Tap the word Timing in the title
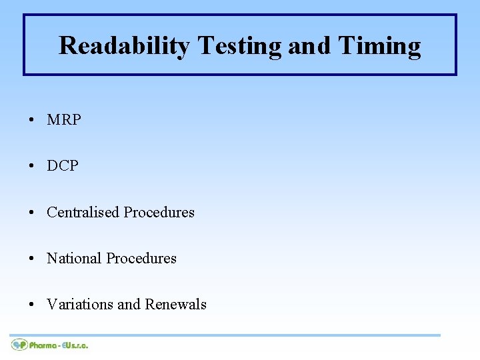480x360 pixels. point(379,46)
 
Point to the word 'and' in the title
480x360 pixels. point(309,46)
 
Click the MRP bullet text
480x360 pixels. point(64,120)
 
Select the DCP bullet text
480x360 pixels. point(63,166)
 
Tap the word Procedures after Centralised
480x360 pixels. point(159,212)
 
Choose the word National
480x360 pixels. point(74,258)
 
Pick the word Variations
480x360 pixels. point(79,304)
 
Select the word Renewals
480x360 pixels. point(176,304)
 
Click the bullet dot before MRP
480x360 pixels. point(31,121)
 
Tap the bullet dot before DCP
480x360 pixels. point(31,167)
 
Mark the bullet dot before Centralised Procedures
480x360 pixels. point(31,213)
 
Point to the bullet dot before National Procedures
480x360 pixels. point(31,259)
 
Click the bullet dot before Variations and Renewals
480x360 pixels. point(31,305)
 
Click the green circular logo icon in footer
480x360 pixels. point(19,345)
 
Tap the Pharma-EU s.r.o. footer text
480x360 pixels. point(59,345)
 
